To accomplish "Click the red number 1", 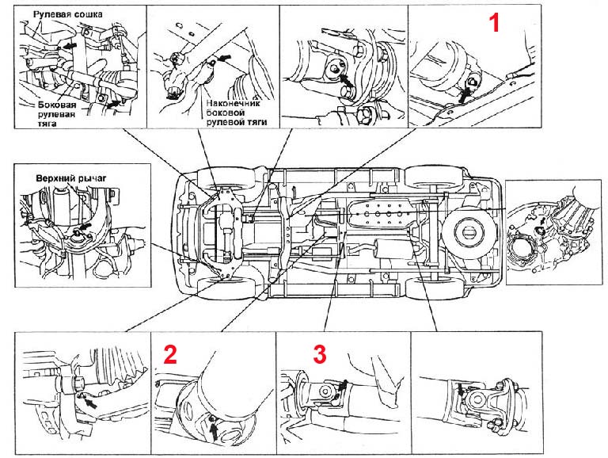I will [495, 22].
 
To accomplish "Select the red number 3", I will [319, 353].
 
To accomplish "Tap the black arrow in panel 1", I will [465, 94].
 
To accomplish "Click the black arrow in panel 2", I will [215, 429].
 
